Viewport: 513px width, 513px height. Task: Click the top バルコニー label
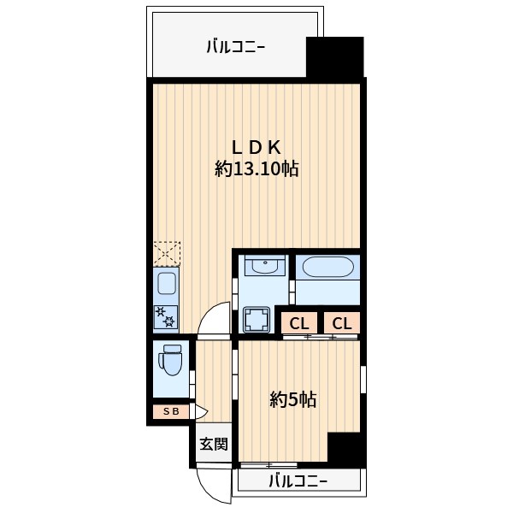[235, 47]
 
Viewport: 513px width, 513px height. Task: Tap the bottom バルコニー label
[298, 481]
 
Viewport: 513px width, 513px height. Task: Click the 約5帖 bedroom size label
[293, 398]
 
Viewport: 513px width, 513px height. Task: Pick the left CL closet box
[298, 323]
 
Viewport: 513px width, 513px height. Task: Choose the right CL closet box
[341, 323]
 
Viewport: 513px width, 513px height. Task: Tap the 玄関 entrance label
[214, 444]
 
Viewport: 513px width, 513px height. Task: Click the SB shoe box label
[171, 412]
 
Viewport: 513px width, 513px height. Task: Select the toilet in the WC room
[172, 360]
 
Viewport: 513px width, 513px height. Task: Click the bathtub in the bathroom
[327, 268]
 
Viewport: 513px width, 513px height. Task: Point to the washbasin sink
[264, 266]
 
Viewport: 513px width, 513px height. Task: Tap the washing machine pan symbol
[256, 321]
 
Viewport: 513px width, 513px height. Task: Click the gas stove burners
[166, 317]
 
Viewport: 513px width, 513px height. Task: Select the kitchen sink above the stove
[166, 281]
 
